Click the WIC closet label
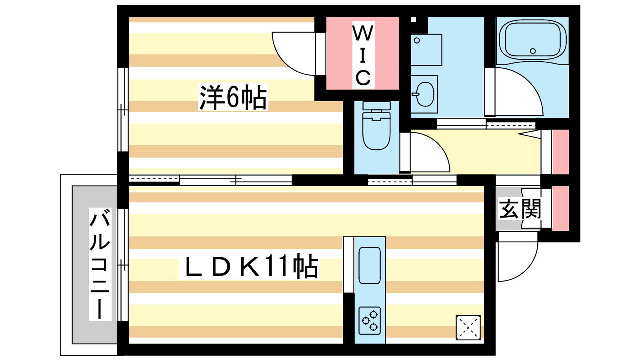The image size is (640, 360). pyautogui.click(x=363, y=55)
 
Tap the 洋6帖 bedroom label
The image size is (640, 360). pyautogui.click(x=233, y=97)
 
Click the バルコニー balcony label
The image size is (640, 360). pyautogui.click(x=100, y=264)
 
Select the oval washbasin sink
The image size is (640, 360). pyautogui.click(x=425, y=94)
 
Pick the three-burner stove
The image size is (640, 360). pyautogui.click(x=370, y=320)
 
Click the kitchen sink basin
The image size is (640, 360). pyautogui.click(x=370, y=265)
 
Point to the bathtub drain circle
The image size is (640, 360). pyautogui.click(x=532, y=51)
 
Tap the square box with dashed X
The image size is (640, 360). pyautogui.click(x=468, y=328)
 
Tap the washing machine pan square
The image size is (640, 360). pyautogui.click(x=426, y=50)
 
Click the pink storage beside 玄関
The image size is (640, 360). pyautogui.click(x=560, y=208)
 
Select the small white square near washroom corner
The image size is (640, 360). pyautogui.click(x=414, y=19)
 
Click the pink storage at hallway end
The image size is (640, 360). pyautogui.click(x=560, y=152)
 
